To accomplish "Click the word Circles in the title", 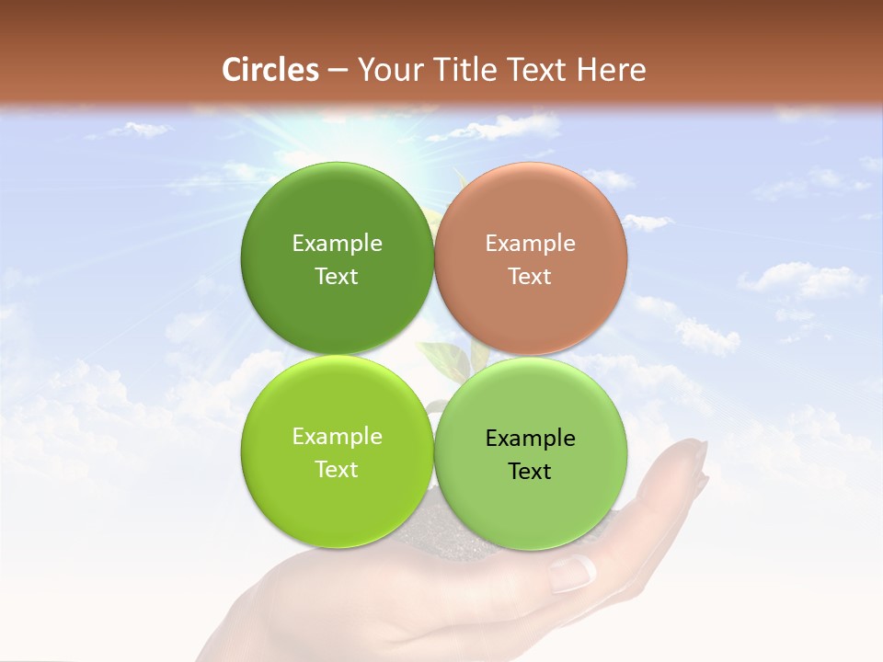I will pos(269,70).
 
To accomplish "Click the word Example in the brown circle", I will pos(530,244).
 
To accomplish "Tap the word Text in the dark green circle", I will pos(337,277).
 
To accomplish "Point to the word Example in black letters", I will pos(530,439).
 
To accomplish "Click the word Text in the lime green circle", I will pos(337,470).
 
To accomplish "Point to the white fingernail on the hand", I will pos(571,574).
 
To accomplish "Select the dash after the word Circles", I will pos(337,70).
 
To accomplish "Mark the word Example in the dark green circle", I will pos(337,244).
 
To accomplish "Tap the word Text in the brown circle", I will pos(530,277).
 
